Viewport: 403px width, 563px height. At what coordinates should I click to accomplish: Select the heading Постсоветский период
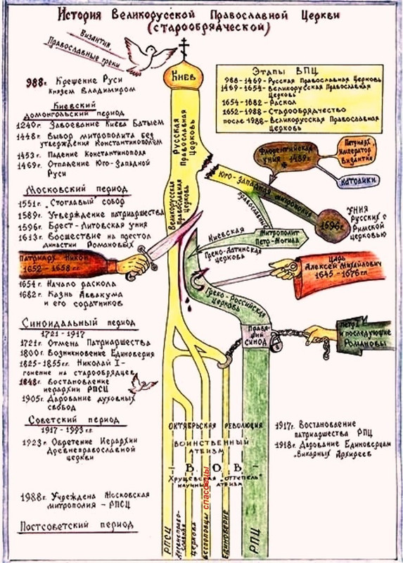[68, 526]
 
